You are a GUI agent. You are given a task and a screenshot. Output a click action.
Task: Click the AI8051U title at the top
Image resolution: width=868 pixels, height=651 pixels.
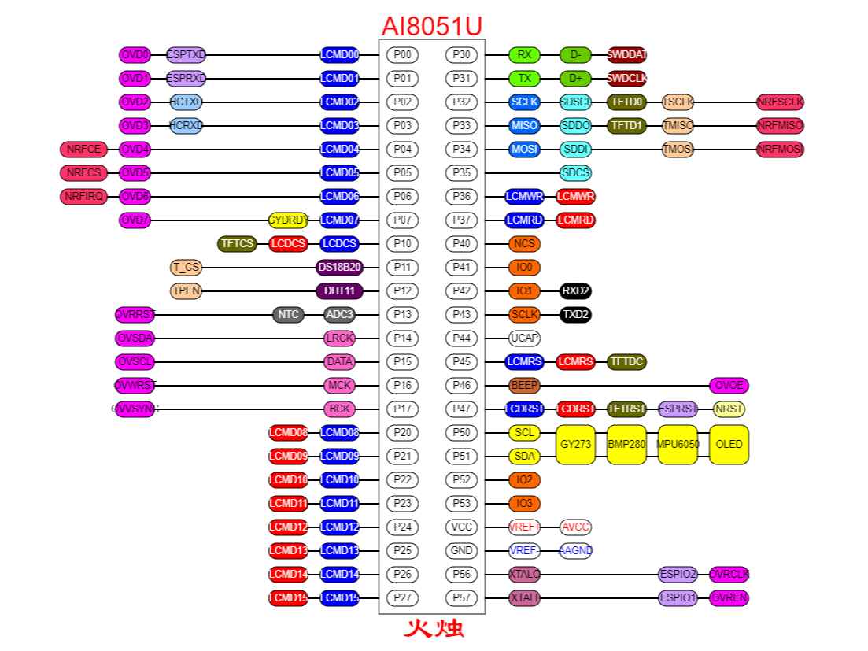pos(431,26)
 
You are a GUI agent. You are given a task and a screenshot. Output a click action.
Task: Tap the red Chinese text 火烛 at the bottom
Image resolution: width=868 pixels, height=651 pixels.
pos(434,629)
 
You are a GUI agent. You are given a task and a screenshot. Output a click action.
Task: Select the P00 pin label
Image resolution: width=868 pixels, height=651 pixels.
pos(402,55)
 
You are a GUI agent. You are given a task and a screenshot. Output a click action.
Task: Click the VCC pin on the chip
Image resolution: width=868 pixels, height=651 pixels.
pos(461,527)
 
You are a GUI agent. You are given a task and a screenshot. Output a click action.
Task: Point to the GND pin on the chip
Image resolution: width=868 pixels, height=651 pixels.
pos(461,551)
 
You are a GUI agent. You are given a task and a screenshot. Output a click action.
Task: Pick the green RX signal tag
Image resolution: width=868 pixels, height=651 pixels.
pos(524,55)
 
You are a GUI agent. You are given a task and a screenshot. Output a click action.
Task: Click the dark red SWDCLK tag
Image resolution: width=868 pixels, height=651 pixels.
pos(626,79)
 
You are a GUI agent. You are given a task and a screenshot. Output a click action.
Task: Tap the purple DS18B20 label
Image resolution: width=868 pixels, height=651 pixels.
pos(339,268)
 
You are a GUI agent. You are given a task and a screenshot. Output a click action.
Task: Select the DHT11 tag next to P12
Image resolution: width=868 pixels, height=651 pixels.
pos(339,291)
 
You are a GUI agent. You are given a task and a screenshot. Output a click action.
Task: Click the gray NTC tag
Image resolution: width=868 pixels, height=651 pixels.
pos(288,315)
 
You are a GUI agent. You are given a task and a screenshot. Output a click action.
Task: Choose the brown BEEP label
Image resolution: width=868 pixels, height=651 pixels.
pos(524,386)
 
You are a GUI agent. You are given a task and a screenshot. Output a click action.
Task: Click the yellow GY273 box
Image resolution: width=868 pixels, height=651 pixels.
pos(575,445)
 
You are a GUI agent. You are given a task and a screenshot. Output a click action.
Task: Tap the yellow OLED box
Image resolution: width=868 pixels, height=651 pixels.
pos(729,445)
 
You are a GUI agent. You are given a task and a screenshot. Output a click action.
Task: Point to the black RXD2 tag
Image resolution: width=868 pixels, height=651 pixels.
pos(575,291)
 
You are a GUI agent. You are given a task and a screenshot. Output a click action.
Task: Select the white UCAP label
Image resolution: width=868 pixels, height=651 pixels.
pos(524,338)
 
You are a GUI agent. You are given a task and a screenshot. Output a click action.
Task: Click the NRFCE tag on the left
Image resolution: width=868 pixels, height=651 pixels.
pos(83,150)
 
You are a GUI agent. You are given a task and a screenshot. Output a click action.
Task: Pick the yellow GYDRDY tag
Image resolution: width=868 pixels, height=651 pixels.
pos(289,220)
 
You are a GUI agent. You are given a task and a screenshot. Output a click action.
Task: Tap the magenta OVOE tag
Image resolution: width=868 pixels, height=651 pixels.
pos(729,386)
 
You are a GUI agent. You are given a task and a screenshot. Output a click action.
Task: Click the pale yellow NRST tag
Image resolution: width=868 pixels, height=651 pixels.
pos(729,409)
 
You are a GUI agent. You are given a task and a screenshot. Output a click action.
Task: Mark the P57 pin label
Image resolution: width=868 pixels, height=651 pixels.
pos(461,598)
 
